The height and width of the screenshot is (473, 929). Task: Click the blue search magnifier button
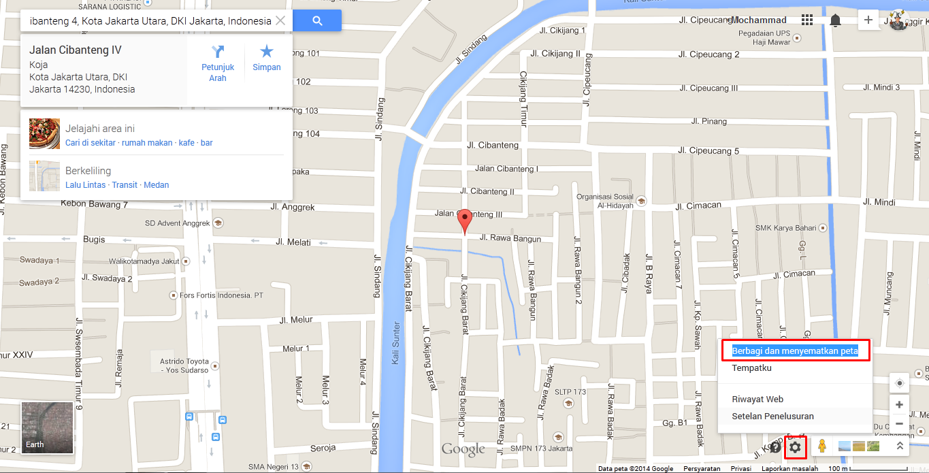point(317,21)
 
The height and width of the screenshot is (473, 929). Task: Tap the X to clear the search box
point(280,21)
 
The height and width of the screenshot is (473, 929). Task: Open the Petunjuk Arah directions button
point(218,62)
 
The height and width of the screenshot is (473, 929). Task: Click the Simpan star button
point(267,58)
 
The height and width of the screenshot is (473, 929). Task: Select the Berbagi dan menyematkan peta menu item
point(795,351)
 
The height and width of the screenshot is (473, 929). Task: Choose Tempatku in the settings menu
point(751,368)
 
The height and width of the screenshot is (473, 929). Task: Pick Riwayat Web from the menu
point(757,399)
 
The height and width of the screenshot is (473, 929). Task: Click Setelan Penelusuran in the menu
point(772,417)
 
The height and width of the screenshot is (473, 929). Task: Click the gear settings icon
point(795,447)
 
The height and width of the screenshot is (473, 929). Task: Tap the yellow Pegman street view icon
point(822,446)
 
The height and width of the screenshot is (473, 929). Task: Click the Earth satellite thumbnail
point(47,427)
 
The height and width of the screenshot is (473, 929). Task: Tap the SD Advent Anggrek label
point(176,223)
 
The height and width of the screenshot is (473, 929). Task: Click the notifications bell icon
point(835,20)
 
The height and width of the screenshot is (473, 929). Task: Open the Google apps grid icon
point(807,20)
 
